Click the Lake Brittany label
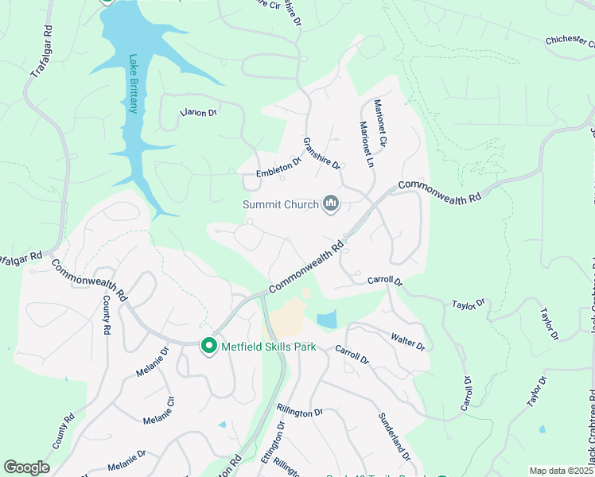(134, 83)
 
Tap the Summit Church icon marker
(331, 205)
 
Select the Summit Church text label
(280, 205)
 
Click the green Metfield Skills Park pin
(209, 347)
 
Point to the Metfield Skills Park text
(269, 347)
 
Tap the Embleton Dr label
(278, 168)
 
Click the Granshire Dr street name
(321, 153)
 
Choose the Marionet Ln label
(365, 144)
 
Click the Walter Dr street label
(408, 342)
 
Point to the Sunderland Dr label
(395, 437)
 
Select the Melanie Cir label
(158, 410)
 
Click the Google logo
(26, 467)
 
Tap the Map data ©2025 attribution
(560, 471)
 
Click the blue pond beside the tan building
(326, 320)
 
